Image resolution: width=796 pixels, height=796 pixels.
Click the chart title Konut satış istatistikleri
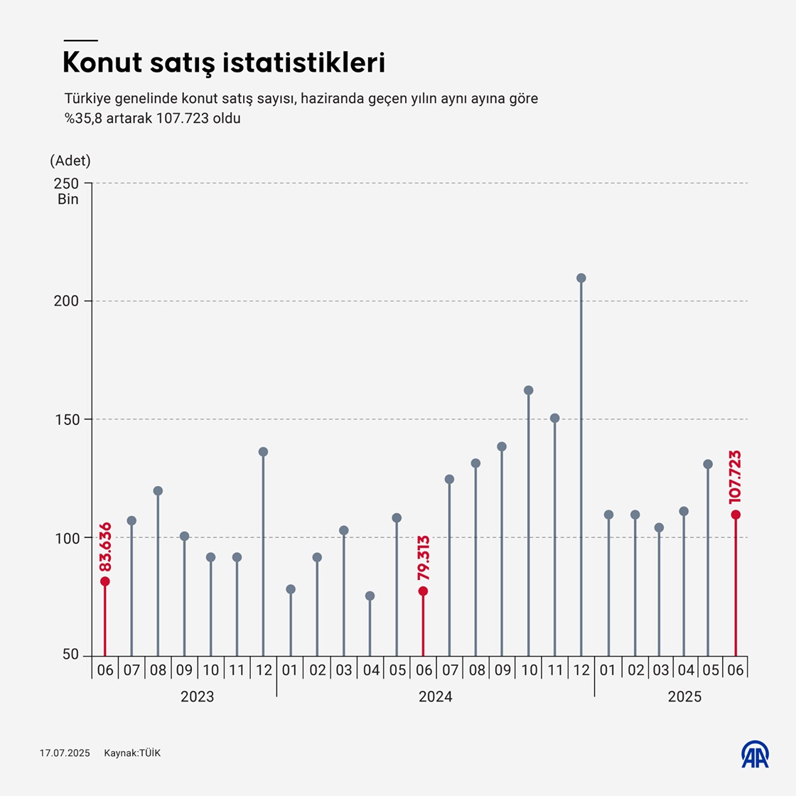224,63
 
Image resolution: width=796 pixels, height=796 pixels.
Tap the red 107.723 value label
735,477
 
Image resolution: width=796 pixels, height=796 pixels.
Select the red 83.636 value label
105,547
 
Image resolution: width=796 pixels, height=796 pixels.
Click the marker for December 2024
581,278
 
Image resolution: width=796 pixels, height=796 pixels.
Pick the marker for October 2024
529,390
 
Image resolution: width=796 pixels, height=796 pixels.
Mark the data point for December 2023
264,452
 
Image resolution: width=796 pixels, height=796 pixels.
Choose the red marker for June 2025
736,515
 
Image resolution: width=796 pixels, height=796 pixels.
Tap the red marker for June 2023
105,581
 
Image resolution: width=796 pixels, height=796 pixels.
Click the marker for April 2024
370,596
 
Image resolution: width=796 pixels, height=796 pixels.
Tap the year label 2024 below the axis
435,697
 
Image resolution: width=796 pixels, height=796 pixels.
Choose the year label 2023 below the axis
197,697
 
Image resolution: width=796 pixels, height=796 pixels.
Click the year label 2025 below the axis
684,697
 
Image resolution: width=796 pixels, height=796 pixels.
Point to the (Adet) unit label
70,161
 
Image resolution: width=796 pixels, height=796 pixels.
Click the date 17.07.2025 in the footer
65,753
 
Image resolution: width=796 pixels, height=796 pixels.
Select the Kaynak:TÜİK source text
132,753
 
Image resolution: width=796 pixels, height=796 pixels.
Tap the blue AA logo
755,755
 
